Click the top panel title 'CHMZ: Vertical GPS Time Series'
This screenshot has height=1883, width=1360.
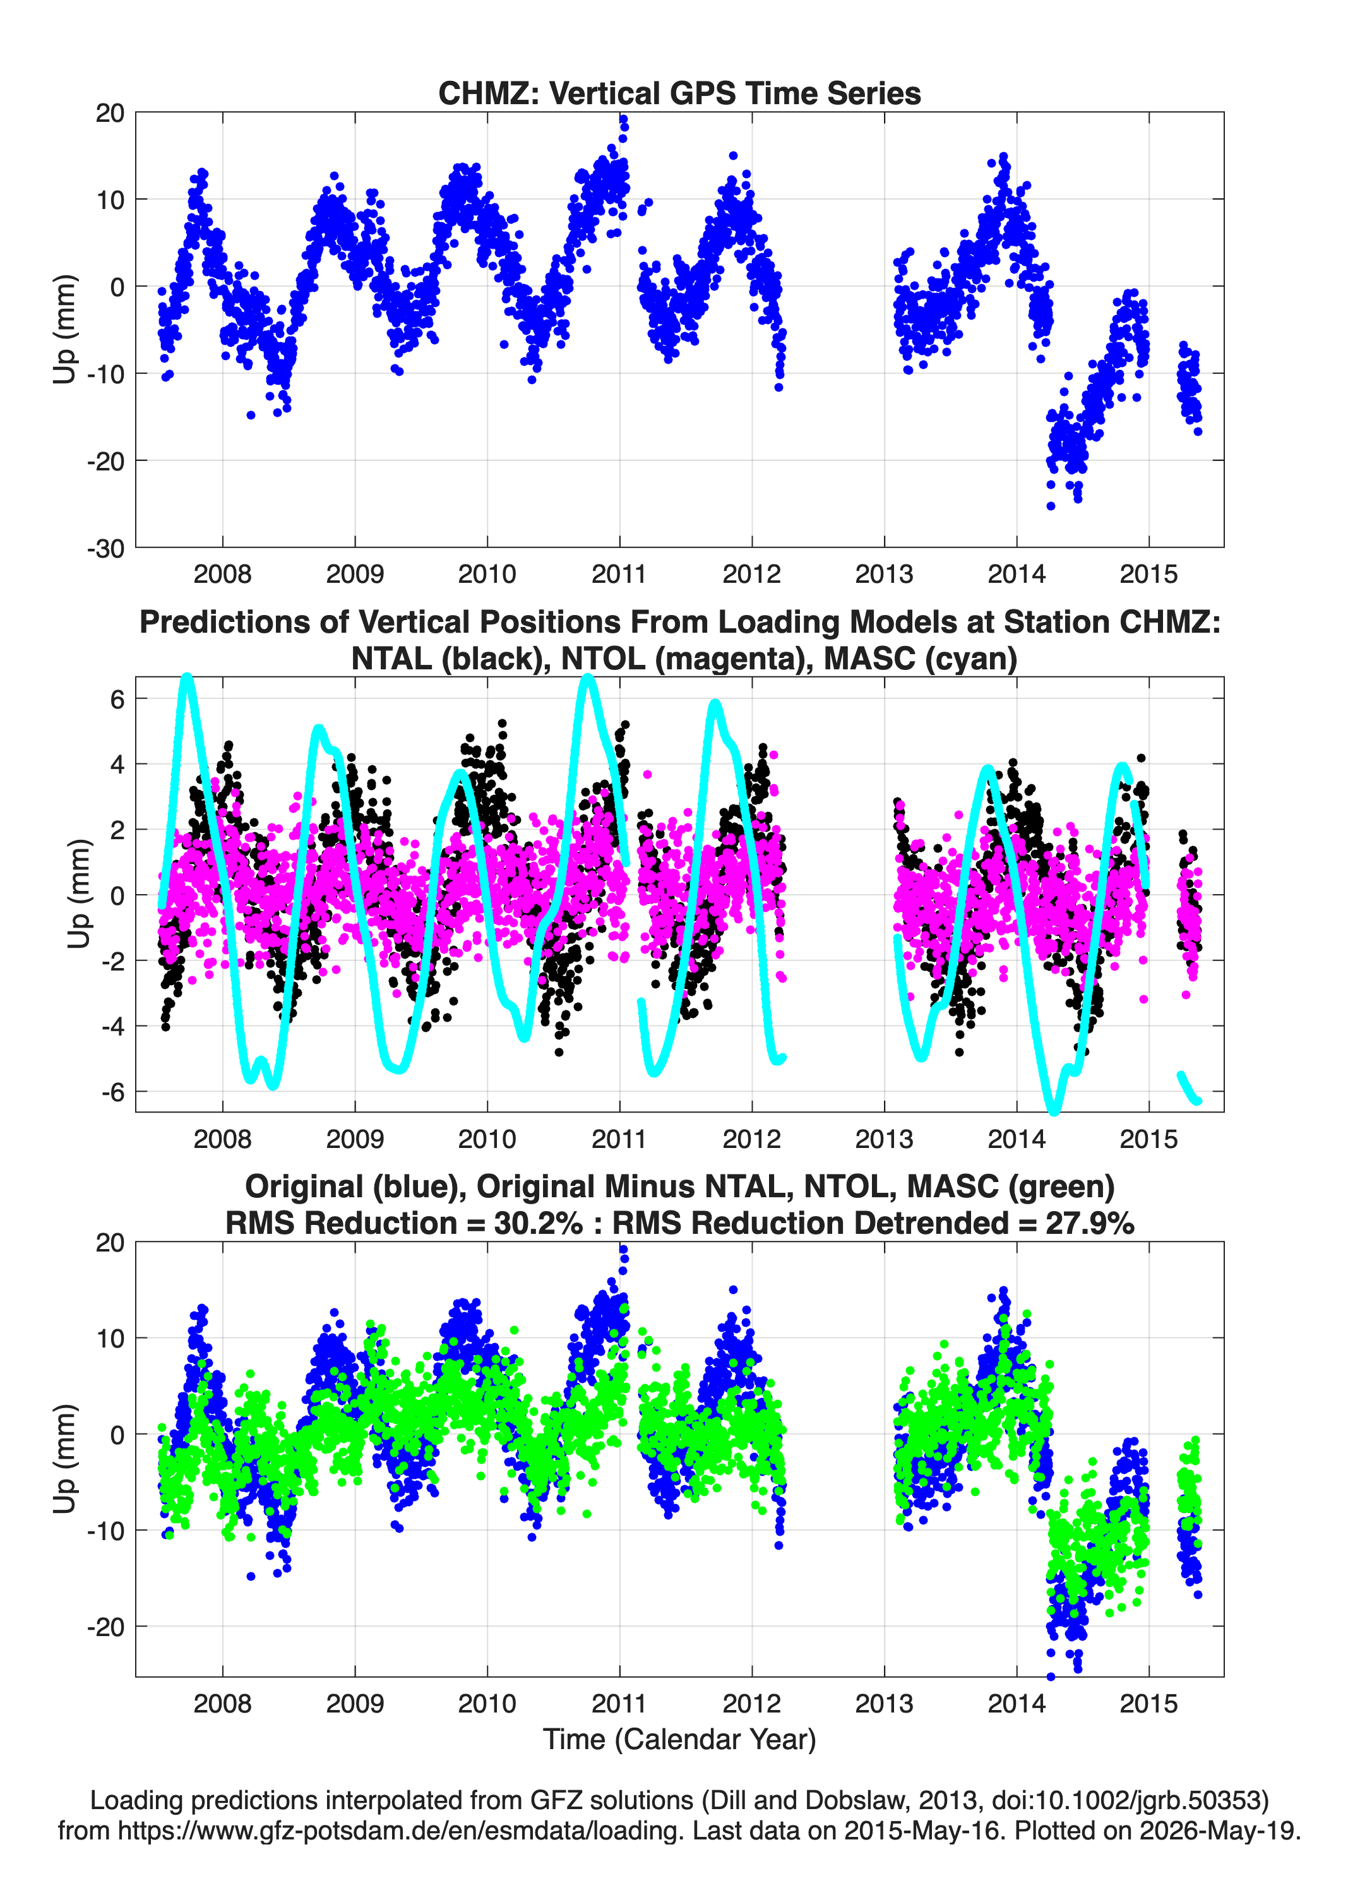point(679,93)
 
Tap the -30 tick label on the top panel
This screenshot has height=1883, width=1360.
point(105,549)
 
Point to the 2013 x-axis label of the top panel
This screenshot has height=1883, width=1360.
point(884,574)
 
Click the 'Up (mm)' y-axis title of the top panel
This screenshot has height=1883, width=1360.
point(65,330)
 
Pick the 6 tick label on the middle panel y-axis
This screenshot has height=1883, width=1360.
point(117,699)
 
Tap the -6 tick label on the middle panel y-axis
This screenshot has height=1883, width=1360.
point(112,1092)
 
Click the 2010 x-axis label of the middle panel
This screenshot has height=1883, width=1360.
point(487,1139)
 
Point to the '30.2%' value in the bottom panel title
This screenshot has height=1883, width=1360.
point(538,1223)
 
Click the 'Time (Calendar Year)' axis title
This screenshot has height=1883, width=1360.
point(680,1740)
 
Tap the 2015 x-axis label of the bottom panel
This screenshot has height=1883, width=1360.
point(1149,1704)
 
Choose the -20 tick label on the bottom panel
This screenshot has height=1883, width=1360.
point(105,1627)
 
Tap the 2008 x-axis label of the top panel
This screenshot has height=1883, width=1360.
point(222,574)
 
